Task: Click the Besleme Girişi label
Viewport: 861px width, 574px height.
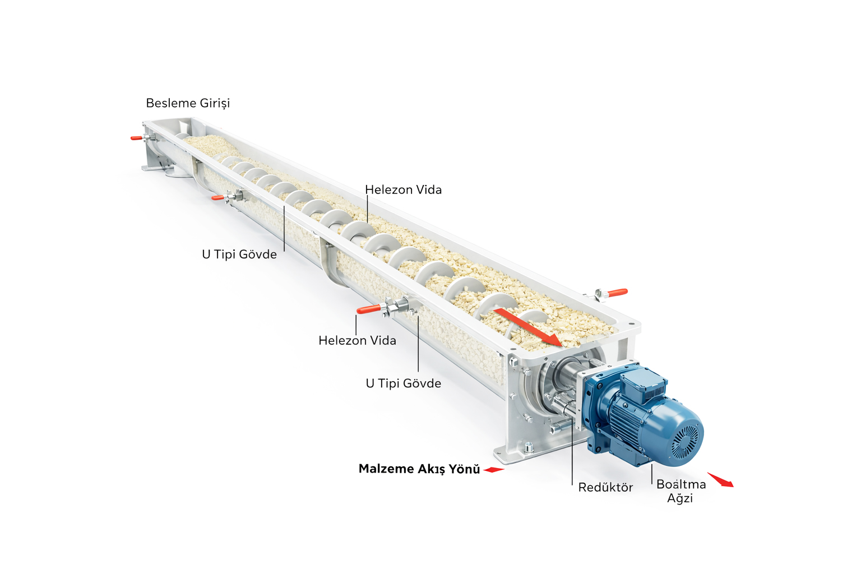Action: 188,103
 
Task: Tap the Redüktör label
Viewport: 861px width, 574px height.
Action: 605,488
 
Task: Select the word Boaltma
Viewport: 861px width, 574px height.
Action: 681,484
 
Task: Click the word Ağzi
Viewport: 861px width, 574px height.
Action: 680,498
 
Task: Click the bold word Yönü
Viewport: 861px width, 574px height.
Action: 464,469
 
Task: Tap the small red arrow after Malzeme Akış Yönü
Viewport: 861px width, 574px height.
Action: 494,470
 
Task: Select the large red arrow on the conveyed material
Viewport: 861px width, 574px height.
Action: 527,326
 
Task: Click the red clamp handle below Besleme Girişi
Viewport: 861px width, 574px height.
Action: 137,138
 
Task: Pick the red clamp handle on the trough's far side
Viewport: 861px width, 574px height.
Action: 617,293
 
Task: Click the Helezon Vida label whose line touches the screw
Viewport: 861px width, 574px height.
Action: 403,190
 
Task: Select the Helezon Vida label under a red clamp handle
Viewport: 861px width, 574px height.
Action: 357,341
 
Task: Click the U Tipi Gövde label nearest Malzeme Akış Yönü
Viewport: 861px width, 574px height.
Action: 403,383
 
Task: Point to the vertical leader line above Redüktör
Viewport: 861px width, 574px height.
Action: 572,454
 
